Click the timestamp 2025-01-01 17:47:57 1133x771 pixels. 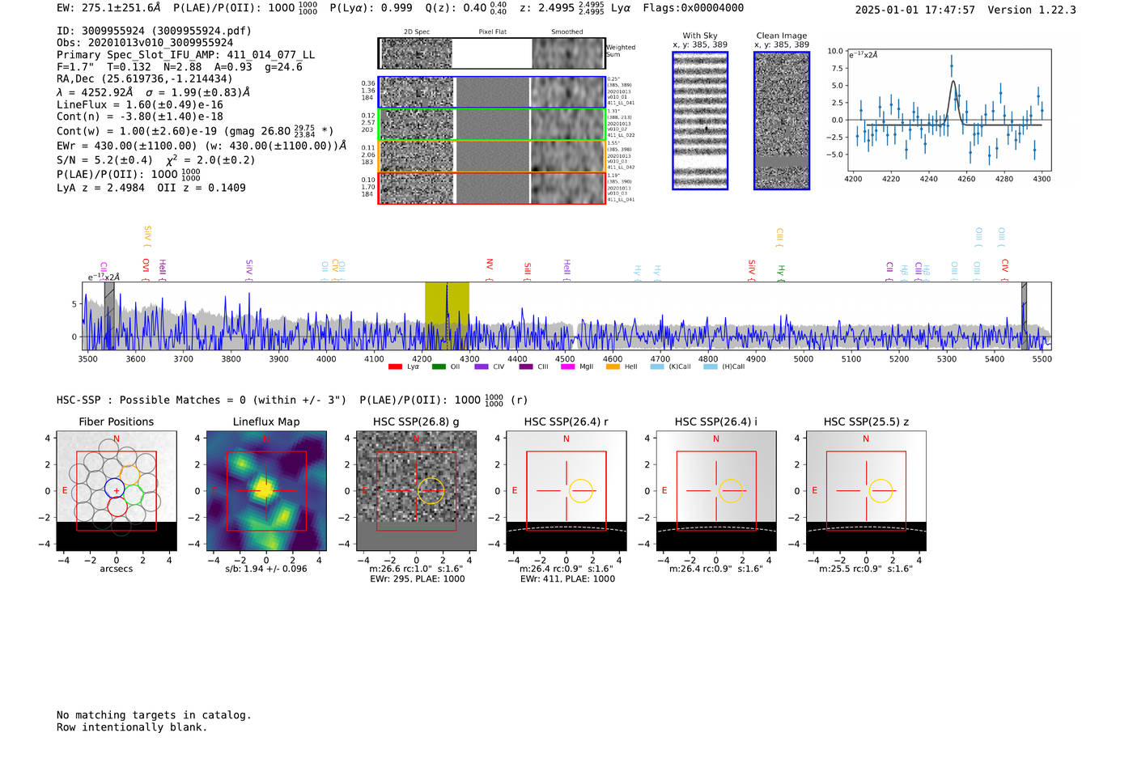click(x=914, y=10)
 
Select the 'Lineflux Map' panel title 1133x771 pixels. click(x=265, y=422)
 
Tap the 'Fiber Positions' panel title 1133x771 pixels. click(x=116, y=422)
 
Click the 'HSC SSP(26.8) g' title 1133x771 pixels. click(x=416, y=422)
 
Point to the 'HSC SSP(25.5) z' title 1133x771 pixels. click(x=866, y=422)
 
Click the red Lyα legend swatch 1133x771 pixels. click(x=395, y=366)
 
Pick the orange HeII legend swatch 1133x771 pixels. click(x=613, y=366)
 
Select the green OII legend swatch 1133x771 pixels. click(x=439, y=366)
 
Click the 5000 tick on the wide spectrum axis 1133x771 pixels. click(x=803, y=358)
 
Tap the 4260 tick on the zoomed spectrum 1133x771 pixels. click(x=966, y=179)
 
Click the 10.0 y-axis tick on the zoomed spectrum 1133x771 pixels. click(x=835, y=51)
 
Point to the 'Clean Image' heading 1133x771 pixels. click(x=781, y=36)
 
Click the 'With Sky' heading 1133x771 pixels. click(x=699, y=36)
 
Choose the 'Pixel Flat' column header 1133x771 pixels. click(x=492, y=32)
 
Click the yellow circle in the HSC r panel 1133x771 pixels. click(x=581, y=491)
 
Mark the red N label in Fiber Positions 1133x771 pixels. click(x=117, y=439)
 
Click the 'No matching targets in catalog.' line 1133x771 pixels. click(x=154, y=715)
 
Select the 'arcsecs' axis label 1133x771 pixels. click(x=116, y=569)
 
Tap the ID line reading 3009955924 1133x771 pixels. click(x=154, y=31)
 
